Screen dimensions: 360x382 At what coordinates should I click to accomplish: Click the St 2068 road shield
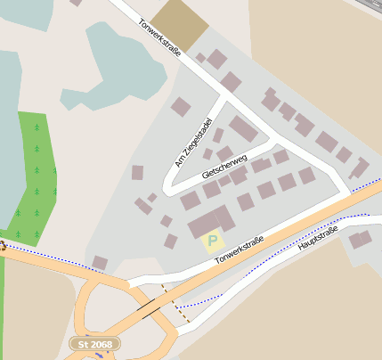tap(94, 343)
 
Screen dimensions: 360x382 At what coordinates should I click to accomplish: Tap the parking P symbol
tap(212, 240)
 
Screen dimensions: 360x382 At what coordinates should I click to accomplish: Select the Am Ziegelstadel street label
tap(192, 142)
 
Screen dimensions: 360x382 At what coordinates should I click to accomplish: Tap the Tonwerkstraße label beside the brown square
tap(160, 38)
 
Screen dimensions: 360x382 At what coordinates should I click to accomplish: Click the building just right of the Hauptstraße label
tap(361, 239)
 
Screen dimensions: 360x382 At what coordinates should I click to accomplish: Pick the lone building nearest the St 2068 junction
tap(100, 262)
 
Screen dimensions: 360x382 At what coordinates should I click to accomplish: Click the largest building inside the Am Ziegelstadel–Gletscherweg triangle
tap(242, 129)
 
